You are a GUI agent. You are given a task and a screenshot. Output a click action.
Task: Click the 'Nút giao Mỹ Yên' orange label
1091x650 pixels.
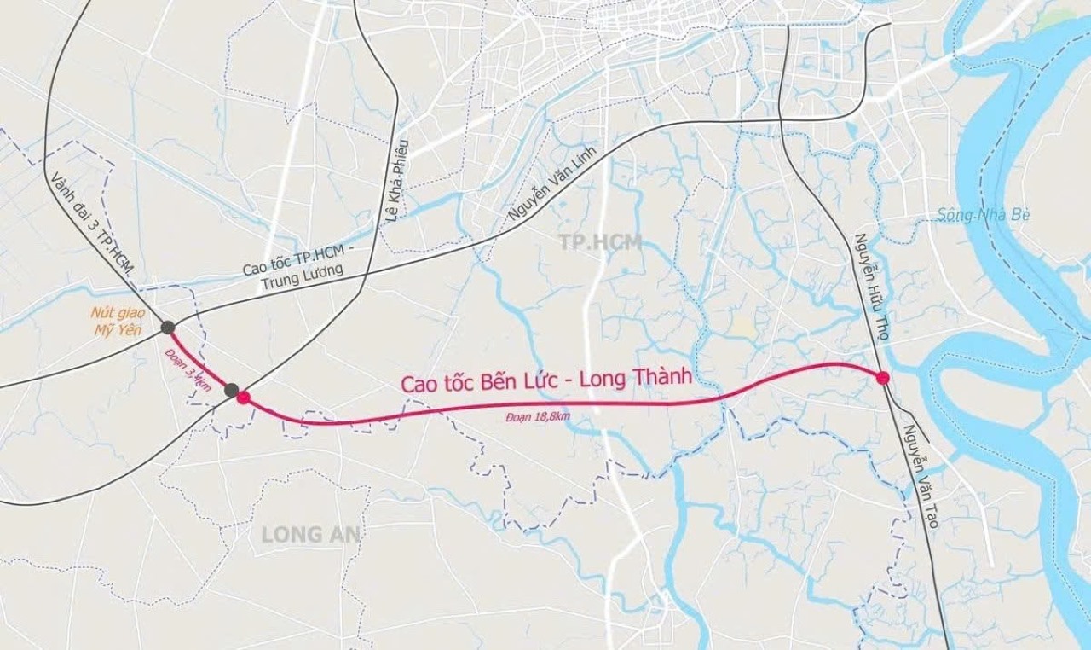[117, 321]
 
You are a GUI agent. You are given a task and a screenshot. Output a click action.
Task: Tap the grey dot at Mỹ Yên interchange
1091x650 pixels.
[168, 327]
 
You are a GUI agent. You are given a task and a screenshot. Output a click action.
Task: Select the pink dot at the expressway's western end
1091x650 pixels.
[244, 397]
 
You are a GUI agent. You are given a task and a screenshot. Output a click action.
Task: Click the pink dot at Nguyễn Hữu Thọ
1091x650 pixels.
[882, 377]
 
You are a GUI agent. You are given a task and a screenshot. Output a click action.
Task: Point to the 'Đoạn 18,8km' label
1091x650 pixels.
[536, 416]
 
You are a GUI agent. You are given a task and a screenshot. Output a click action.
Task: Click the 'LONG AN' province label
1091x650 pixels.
[311, 535]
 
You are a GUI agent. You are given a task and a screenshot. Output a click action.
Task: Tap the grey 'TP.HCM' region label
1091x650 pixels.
[601, 242]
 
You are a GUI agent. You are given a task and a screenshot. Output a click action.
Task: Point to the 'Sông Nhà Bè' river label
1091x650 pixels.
[984, 214]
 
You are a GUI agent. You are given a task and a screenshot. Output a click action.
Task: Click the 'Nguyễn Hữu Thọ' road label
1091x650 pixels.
[872, 287]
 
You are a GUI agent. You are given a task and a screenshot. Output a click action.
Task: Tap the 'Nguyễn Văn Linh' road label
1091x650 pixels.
[555, 183]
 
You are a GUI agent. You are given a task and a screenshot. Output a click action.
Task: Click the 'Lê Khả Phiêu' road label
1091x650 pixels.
[397, 180]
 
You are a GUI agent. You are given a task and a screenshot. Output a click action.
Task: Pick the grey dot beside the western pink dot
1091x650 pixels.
[231, 390]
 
